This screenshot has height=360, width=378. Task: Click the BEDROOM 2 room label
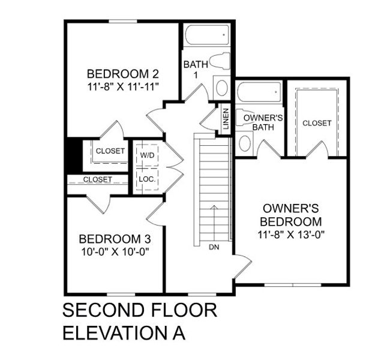[x=122, y=74]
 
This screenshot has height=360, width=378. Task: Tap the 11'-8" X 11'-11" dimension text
[x=122, y=86]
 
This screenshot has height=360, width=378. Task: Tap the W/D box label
[x=147, y=155]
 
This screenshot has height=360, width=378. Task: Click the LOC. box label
[x=147, y=179]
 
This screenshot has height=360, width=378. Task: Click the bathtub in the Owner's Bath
[x=259, y=93]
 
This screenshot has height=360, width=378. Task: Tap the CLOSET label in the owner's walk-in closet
[x=316, y=123]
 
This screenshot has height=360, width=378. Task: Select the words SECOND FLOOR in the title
[x=139, y=311]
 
